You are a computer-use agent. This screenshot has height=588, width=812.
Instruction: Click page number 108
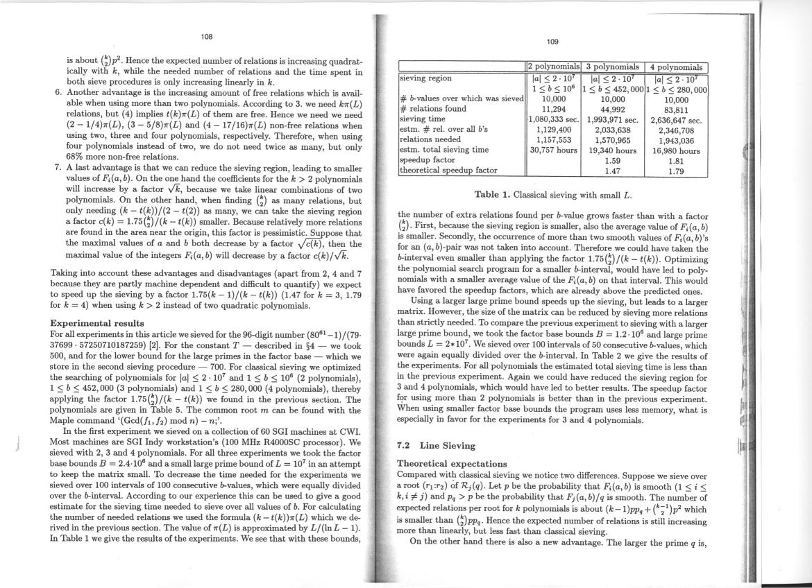(207, 36)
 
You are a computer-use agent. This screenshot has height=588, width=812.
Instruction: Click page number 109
(552, 40)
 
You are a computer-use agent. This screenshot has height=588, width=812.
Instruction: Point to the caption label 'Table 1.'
(493, 195)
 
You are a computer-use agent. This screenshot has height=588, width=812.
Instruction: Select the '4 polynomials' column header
(676, 67)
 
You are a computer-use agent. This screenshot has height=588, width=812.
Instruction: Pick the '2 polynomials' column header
(553, 67)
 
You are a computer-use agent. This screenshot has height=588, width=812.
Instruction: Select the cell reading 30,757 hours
(554, 148)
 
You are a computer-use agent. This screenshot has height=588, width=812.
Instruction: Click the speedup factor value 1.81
(676, 159)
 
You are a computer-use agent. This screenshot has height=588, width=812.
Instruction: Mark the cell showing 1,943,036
(676, 139)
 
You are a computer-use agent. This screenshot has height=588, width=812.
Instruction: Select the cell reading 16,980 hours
(676, 150)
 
